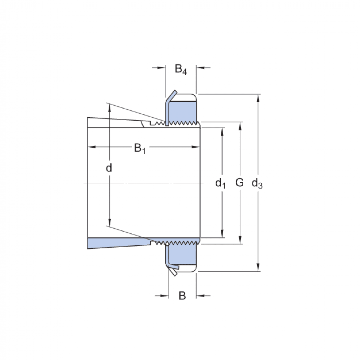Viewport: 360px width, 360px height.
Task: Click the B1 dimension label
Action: tap(139, 148)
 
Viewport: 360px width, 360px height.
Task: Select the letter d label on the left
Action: tap(109, 168)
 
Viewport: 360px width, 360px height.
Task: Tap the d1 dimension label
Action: tap(220, 183)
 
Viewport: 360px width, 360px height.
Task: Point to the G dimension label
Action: tap(239, 182)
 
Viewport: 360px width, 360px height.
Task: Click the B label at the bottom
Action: tap(182, 296)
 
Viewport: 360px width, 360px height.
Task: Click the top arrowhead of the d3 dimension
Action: tap(258, 97)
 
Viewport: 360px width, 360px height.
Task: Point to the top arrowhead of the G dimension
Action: tap(240, 125)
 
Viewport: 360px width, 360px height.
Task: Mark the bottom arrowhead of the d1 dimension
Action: tap(222, 234)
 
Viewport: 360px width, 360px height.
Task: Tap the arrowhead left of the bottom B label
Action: tap(165, 296)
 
